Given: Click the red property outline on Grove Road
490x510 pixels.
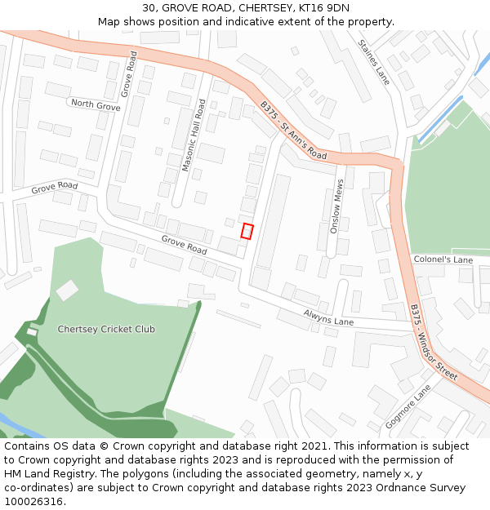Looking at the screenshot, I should pyautogui.click(x=247, y=231).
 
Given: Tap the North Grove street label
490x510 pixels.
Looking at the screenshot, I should pyautogui.click(x=96, y=104).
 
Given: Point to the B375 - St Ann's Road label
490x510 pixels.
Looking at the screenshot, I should pyautogui.click(x=293, y=131).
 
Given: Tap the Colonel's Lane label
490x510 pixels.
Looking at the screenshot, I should pyautogui.click(x=443, y=259).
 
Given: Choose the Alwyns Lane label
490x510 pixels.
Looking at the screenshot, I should pyautogui.click(x=328, y=317).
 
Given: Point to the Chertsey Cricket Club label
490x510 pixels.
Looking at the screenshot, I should pyautogui.click(x=106, y=329).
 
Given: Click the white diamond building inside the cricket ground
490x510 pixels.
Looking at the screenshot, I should pyautogui.click(x=67, y=290).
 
